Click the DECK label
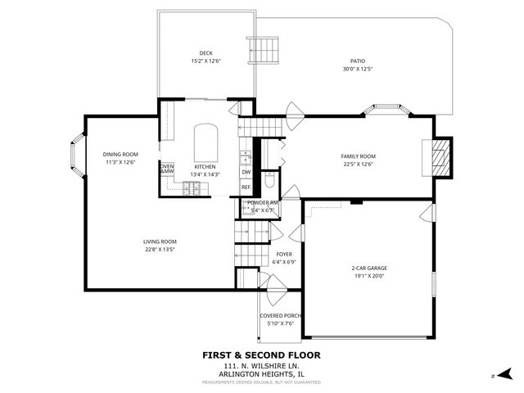click(x=194, y=53)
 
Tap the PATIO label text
click(x=357, y=61)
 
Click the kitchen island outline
click(x=205, y=143)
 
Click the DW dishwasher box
click(x=246, y=172)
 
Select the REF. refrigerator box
click(x=246, y=187)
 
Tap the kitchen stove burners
click(x=192, y=188)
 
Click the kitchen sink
click(x=245, y=156)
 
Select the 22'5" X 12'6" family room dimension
click(x=357, y=164)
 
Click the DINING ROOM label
click(x=120, y=154)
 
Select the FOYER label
click(x=284, y=254)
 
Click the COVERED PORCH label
click(x=281, y=315)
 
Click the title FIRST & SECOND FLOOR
click(x=261, y=355)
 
